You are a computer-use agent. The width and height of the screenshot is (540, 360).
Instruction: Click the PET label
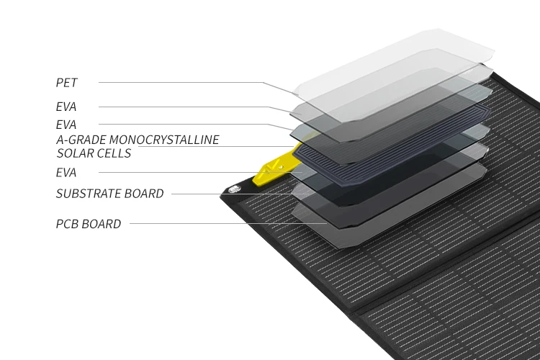[x=66, y=83]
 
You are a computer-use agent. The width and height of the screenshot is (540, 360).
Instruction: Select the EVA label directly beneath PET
[x=66, y=107]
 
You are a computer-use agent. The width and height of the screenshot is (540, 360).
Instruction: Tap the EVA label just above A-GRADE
[x=66, y=125]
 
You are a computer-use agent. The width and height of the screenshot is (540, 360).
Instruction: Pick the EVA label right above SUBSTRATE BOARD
[x=66, y=173]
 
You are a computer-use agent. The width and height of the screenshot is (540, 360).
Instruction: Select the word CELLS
[x=114, y=153]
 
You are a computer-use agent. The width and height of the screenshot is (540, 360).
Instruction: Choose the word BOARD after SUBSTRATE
[x=146, y=194]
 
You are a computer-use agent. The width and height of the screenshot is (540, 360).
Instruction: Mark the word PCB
[x=68, y=224]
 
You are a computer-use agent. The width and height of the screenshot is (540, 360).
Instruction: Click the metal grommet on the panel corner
[x=233, y=190]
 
